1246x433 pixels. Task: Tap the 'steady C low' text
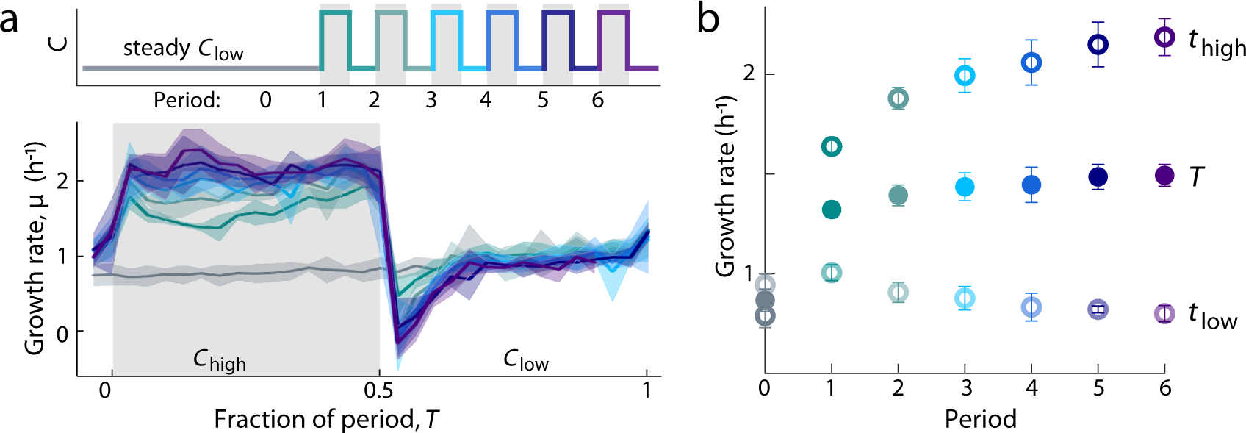[x=183, y=49]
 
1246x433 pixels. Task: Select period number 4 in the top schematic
[x=486, y=100]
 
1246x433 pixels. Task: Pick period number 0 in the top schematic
[x=265, y=100]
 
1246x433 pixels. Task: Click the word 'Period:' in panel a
[x=187, y=100]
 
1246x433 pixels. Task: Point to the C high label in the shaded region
[x=219, y=360]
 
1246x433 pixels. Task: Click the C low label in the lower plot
[x=525, y=360]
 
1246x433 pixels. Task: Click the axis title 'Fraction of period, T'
[x=325, y=419]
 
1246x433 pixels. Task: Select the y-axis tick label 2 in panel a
[x=62, y=181]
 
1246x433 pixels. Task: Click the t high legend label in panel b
[x=1217, y=43]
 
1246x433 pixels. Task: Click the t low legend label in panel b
[x=1212, y=316]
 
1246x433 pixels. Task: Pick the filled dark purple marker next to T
[x=1164, y=176]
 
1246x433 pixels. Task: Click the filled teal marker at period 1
[x=831, y=210]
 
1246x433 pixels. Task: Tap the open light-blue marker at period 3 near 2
[x=965, y=75]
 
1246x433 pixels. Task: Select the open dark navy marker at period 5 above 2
[x=1098, y=45]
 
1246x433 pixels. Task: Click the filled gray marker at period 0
[x=765, y=300]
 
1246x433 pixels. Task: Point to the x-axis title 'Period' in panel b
[x=980, y=419]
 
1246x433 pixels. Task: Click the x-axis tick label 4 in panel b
[x=1031, y=389]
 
